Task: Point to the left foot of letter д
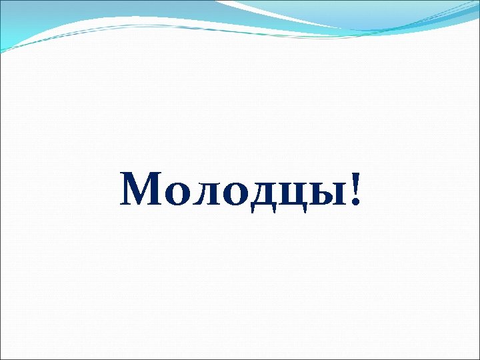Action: (x=254, y=209)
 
